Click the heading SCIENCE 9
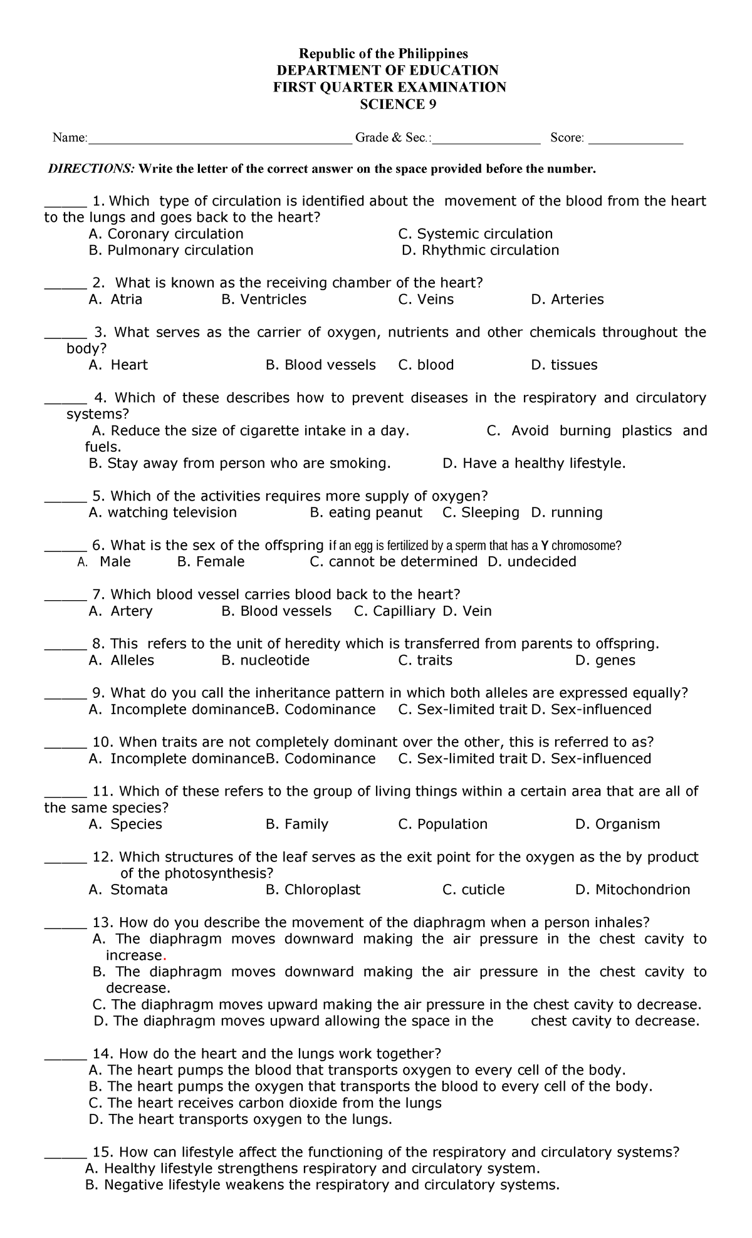[x=397, y=105]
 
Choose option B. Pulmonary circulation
[x=171, y=250]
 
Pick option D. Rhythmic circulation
[x=480, y=250]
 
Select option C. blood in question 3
[x=426, y=365]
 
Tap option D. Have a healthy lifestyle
[x=534, y=463]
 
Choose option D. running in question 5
[x=567, y=512]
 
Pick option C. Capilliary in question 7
[x=394, y=611]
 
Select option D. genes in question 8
[x=605, y=660]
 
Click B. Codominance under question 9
[x=321, y=709]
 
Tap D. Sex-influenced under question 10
[x=591, y=759]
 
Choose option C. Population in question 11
[x=442, y=824]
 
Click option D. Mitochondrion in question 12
[x=632, y=890]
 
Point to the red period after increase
[x=164, y=957]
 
